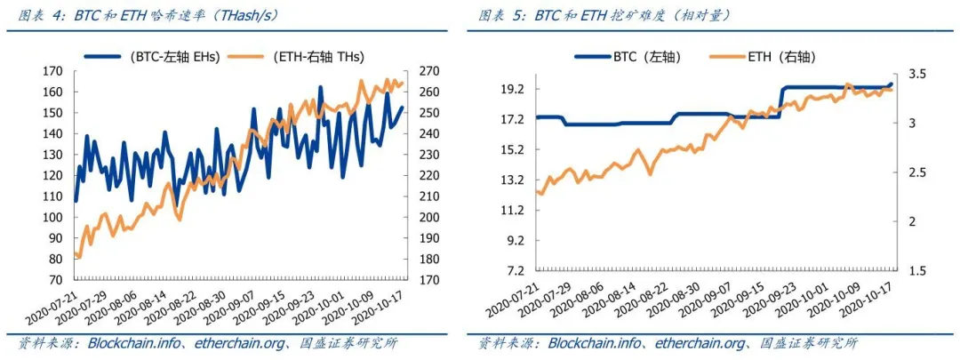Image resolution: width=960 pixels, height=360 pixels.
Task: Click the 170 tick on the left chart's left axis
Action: click(x=53, y=71)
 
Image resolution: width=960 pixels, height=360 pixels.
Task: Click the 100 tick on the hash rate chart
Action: click(x=53, y=217)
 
